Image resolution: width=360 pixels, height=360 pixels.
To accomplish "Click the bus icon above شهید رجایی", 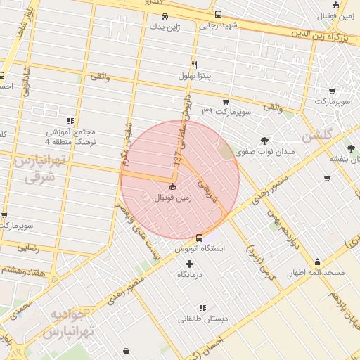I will pos(218,14).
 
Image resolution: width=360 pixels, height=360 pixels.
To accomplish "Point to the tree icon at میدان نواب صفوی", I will pos(264,140).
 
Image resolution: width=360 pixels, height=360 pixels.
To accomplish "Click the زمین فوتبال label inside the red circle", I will pos(173,198).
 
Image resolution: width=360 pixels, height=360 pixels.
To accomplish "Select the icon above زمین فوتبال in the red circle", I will pos(173,187).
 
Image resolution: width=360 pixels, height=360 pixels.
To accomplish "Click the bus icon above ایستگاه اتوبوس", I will pos(200,238).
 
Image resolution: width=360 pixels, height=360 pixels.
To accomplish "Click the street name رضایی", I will pos(28,247).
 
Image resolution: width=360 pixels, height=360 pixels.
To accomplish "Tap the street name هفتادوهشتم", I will pos(21,269).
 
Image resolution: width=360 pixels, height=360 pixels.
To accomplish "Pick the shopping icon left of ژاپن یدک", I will pos(153,27).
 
